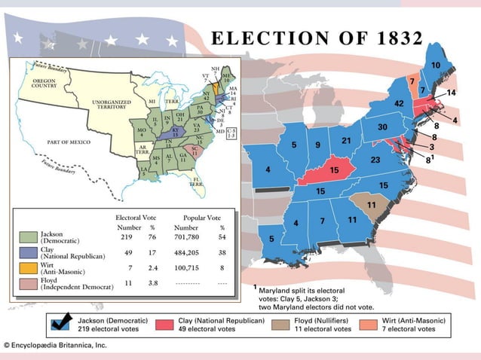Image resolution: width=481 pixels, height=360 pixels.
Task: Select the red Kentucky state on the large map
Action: pyautogui.click(x=332, y=172)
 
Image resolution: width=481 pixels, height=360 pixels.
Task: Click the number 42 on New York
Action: pyautogui.click(x=400, y=103)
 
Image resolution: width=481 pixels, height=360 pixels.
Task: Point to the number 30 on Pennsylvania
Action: pyautogui.click(x=383, y=127)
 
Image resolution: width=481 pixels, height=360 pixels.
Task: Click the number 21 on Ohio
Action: pyautogui.click(x=346, y=141)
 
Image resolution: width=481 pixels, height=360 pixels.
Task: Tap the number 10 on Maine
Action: pyautogui.click(x=436, y=66)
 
